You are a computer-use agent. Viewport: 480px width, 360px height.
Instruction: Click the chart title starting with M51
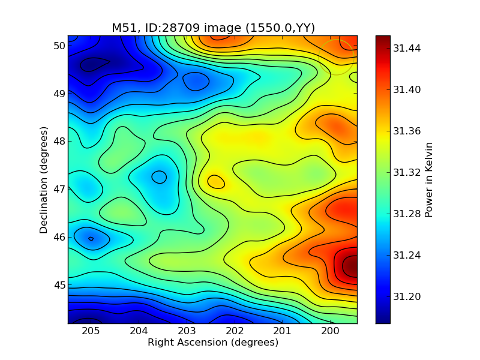pyautogui.click(x=213, y=28)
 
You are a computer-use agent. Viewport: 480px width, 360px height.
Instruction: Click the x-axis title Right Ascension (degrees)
pyautogui.click(x=213, y=343)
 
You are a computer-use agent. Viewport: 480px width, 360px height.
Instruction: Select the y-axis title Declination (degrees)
pyautogui.click(x=44, y=179)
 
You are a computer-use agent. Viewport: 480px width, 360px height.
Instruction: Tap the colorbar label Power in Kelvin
pyautogui.click(x=428, y=179)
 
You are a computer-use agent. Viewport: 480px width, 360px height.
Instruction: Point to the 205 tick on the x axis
pyautogui.click(x=91, y=331)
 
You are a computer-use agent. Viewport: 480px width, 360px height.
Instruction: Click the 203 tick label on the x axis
pyautogui.click(x=187, y=331)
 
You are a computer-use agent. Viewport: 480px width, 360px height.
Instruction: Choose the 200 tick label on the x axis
pyautogui.click(x=330, y=331)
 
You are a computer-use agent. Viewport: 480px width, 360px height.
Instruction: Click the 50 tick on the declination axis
pyautogui.click(x=58, y=46)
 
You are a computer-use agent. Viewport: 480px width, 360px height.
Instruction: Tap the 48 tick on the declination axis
pyautogui.click(x=58, y=141)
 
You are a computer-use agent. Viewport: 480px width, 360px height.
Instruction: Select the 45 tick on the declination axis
pyautogui.click(x=58, y=284)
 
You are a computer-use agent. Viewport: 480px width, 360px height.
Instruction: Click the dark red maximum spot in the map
pyautogui.click(x=350, y=266)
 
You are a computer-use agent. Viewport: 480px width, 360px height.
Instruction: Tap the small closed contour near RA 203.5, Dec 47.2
pyautogui.click(x=159, y=176)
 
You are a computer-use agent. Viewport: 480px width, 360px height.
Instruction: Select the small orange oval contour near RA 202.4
pyautogui.click(x=216, y=181)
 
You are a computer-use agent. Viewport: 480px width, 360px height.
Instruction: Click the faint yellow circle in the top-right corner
pyautogui.click(x=336, y=58)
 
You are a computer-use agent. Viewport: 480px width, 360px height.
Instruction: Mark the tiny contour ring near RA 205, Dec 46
pyautogui.click(x=91, y=239)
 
